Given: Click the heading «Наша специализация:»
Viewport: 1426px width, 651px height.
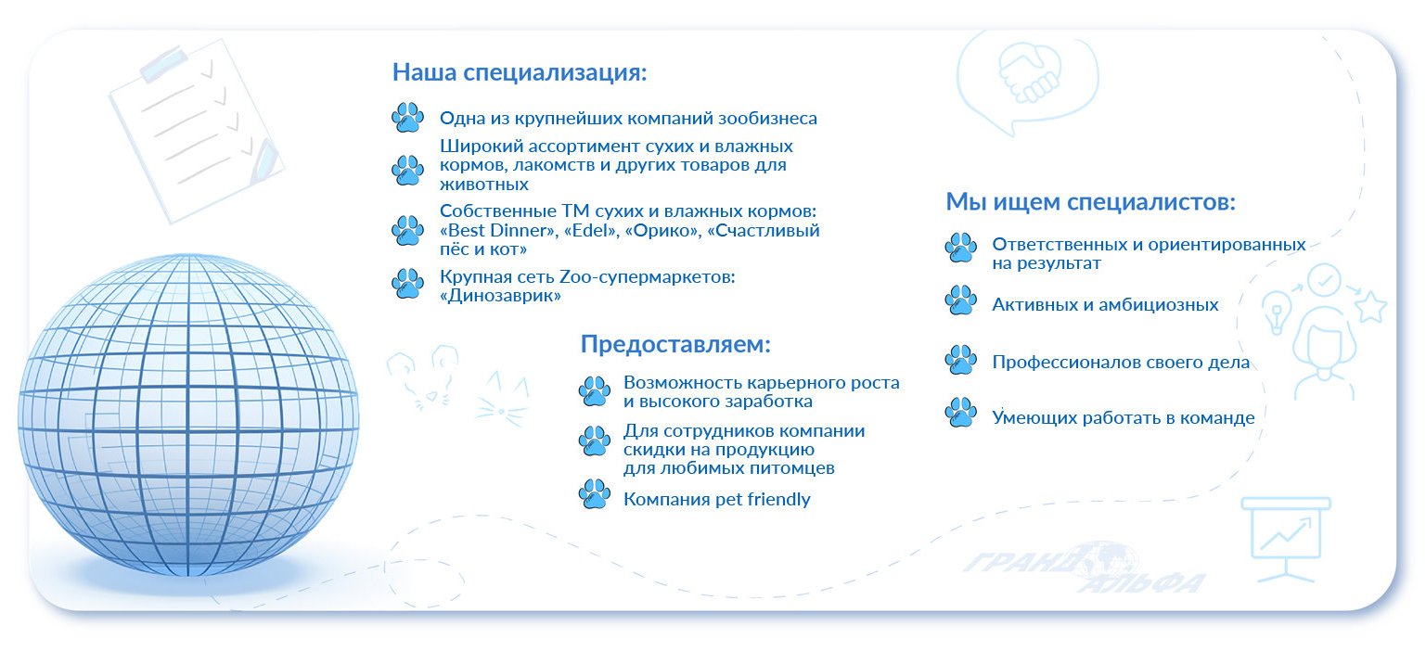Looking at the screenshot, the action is click(519, 72).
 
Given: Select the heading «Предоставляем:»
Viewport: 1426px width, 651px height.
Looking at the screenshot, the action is click(675, 344).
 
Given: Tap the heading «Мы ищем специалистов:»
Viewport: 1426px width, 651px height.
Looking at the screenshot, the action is click(1090, 202).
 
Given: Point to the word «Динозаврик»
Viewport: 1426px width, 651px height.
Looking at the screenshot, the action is click(500, 296).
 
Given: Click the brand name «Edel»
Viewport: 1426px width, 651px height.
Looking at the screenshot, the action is click(591, 230).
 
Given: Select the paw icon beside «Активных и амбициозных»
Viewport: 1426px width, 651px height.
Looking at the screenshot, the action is click(960, 300).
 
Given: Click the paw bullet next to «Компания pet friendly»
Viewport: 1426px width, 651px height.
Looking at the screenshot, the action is click(595, 494).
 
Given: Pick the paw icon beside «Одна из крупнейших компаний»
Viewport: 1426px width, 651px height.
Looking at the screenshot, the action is click(407, 117).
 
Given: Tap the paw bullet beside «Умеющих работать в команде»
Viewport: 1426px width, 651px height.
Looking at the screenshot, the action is click(960, 412).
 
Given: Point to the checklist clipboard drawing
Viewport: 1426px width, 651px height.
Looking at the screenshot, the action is click(196, 131).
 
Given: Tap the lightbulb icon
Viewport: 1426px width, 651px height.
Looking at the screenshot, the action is click(1276, 312).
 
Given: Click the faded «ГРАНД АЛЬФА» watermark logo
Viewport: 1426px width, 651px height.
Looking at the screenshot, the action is click(1085, 567).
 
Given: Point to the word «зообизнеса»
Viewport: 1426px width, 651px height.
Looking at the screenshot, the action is click(768, 119).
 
